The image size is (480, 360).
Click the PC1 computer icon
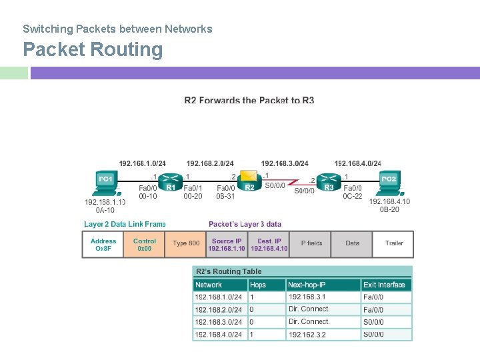click(105, 183)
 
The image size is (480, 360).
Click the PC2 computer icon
click(389, 183)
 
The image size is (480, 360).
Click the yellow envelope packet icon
click(249, 175)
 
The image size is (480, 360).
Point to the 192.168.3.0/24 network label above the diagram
click(285, 163)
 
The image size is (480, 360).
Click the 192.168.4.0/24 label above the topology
click(358, 163)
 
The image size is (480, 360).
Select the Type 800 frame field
click(186, 244)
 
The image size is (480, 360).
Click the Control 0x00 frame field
click(145, 245)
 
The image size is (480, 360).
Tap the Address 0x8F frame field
click(103, 245)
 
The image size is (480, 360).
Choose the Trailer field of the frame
click(394, 244)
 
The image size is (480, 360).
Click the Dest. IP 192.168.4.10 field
click(269, 245)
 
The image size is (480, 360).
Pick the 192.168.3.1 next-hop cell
click(307, 297)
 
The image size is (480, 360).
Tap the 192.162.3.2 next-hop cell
click(307, 334)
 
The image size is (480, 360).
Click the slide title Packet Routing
click(93, 50)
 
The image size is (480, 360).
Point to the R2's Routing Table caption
click(228, 271)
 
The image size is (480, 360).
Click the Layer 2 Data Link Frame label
click(125, 224)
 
